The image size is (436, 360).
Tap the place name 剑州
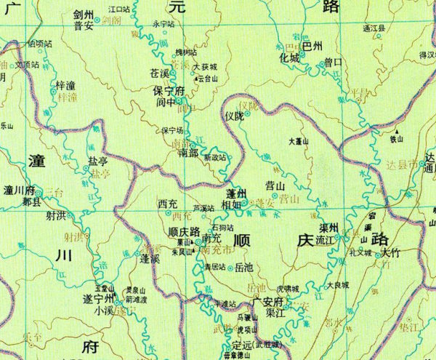pos(84,14)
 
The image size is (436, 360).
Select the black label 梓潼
pos(66,87)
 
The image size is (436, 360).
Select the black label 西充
pos(167,203)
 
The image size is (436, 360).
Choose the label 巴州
pos(312,47)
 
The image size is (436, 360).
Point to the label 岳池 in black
pos(245,268)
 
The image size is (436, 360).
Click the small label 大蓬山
pos(299,142)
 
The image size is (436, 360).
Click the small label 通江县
pos(374,28)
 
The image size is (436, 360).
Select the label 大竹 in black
pos(390,253)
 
